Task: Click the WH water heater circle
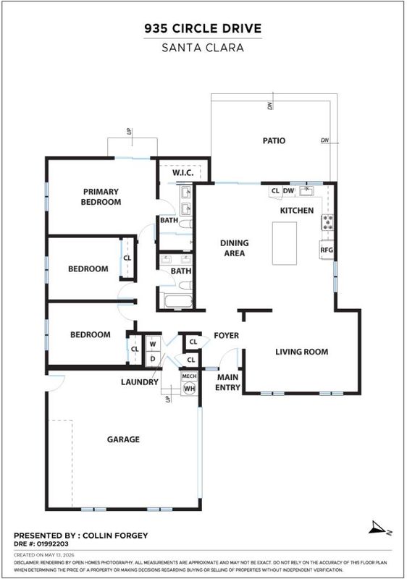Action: (190, 389)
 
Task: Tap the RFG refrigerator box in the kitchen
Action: (327, 250)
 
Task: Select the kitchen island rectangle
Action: (285, 243)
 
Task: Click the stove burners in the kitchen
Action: (328, 222)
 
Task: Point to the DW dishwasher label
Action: (288, 191)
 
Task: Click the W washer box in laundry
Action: (153, 344)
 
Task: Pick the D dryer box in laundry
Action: (153, 358)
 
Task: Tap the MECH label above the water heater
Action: (190, 376)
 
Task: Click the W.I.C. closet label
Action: (182, 173)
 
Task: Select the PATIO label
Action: (274, 140)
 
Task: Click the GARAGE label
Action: (123, 439)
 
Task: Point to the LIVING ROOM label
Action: (302, 352)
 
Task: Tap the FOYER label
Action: (227, 335)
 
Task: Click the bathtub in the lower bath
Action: (179, 301)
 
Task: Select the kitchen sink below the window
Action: (306, 191)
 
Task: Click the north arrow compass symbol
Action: (379, 528)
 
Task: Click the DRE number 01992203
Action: (52, 544)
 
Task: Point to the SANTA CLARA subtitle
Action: (203, 48)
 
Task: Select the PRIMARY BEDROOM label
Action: (101, 197)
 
